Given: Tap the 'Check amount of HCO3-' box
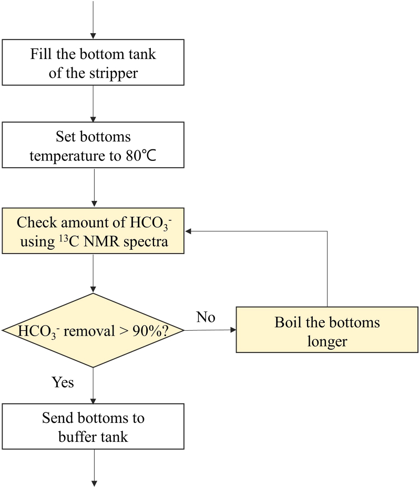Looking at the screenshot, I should pos(93,230).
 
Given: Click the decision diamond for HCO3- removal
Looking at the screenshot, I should pos(93,330).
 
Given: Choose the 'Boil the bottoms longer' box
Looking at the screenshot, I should pos(327,331).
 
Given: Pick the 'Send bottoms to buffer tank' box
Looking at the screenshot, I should pos(93,427).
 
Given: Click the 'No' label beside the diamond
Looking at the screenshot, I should pos(206,317).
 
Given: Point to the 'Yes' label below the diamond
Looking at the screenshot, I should pos(63,382).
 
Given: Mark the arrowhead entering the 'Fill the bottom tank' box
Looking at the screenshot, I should pos(93,36).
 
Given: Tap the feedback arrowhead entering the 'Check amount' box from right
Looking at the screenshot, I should pos(188,231).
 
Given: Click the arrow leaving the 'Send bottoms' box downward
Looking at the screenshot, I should pos(93,468).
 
